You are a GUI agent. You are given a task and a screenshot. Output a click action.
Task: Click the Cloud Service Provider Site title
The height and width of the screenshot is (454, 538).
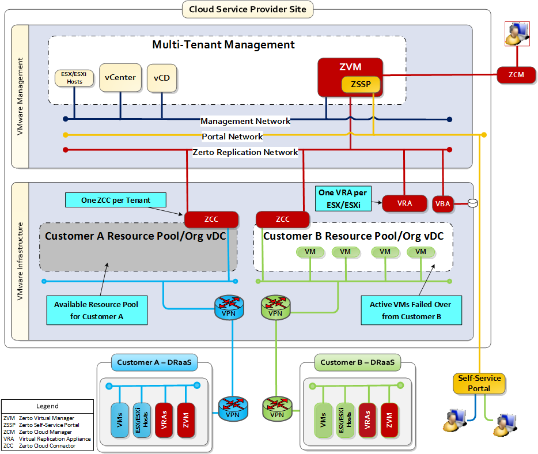point(248,9)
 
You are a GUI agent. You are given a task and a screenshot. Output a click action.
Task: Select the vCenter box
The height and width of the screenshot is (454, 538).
point(120,77)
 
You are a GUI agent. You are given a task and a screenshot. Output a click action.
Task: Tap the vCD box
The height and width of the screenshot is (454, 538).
point(162,78)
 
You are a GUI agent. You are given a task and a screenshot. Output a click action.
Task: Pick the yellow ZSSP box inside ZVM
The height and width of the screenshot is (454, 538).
point(361,85)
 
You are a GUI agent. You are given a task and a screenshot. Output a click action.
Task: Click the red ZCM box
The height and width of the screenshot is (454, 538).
point(516,74)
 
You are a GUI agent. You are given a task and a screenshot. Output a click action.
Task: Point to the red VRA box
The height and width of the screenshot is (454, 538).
point(404,203)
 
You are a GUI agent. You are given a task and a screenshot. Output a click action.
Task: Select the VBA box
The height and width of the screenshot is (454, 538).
point(443,203)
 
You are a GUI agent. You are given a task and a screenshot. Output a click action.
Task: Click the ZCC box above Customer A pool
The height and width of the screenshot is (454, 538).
point(211,220)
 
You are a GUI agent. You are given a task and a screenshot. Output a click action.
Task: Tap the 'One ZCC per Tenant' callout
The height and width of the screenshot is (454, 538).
point(115,200)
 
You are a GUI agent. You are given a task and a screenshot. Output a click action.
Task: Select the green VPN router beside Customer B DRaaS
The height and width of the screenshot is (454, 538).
point(276,407)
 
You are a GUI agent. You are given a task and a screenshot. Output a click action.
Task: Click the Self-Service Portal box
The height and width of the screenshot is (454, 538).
point(479,384)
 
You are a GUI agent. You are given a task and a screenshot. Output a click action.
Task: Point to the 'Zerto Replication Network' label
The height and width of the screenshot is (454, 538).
point(245,152)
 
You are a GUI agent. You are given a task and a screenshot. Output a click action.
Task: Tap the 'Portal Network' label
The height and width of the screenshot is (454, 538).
point(232,137)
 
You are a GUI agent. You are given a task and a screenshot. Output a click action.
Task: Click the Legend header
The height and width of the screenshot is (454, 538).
point(47,406)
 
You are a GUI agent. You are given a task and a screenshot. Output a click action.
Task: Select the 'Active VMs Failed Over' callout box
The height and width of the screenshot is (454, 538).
point(410,310)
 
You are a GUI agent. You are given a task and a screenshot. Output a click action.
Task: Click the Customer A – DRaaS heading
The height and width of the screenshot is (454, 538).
point(154,362)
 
